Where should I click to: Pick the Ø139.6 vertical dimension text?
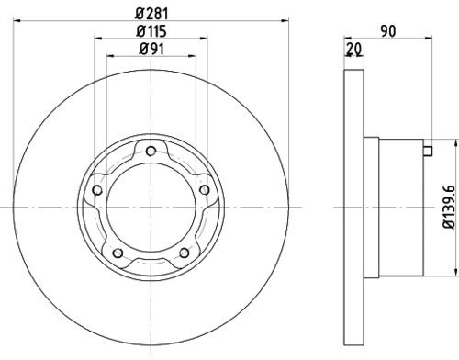pyautogui.click(x=448, y=206)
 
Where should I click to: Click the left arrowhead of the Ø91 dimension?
pyautogui.click(x=110, y=57)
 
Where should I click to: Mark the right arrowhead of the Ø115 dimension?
pyautogui.click(x=199, y=39)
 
